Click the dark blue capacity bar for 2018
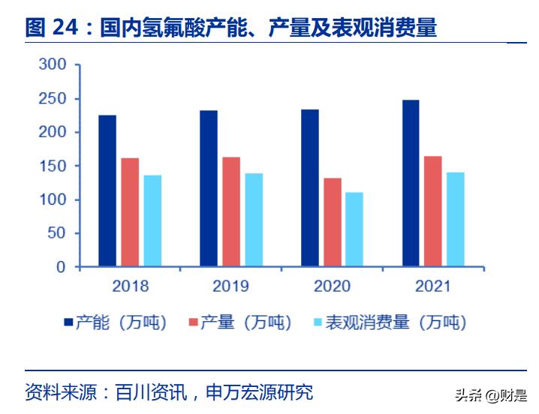click(x=107, y=190)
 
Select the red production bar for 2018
click(x=130, y=211)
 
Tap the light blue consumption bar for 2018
click(x=152, y=220)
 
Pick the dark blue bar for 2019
click(x=209, y=188)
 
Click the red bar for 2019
click(x=231, y=211)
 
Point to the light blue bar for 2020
click(x=354, y=229)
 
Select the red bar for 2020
click(x=333, y=222)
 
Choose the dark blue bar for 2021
click(x=411, y=183)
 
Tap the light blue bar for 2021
click(x=456, y=219)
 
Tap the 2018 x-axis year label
click(x=131, y=286)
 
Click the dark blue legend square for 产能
click(x=68, y=322)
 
